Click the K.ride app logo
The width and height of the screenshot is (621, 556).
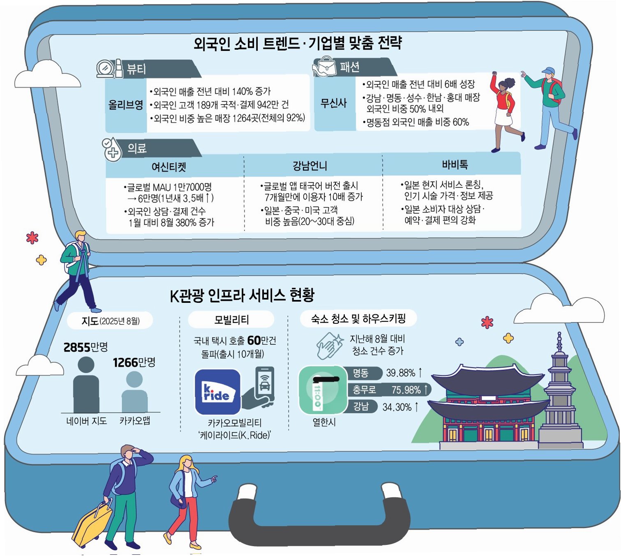click(217, 392)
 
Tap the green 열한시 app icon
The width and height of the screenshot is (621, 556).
click(323, 390)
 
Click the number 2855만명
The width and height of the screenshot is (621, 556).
click(85, 347)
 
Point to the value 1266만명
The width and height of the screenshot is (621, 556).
click(134, 362)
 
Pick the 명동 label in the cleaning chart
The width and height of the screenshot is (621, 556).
click(360, 373)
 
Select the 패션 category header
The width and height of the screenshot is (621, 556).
click(350, 67)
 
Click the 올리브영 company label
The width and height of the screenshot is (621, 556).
click(126, 105)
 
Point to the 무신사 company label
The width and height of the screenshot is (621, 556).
click(334, 103)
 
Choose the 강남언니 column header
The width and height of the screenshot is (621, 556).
click(310, 166)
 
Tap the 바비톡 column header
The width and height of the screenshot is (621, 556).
click(455, 165)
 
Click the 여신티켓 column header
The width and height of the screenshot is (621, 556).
click(169, 167)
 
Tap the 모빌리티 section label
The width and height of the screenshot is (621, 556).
click(231, 320)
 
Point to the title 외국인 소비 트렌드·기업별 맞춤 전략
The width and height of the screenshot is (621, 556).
click(298, 43)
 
